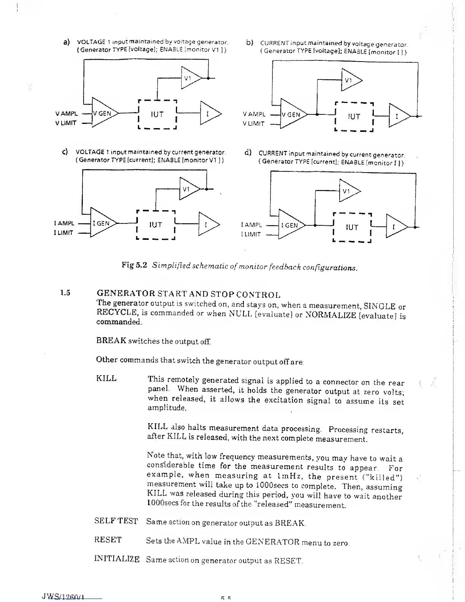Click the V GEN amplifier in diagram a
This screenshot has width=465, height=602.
103,113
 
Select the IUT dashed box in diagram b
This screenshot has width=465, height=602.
354,117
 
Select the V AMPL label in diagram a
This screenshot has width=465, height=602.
66,114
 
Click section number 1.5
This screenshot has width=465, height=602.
65,293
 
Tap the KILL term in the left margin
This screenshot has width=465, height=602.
106,379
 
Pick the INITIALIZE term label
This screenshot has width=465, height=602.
117,559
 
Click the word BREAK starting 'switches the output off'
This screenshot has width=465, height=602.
111,341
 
